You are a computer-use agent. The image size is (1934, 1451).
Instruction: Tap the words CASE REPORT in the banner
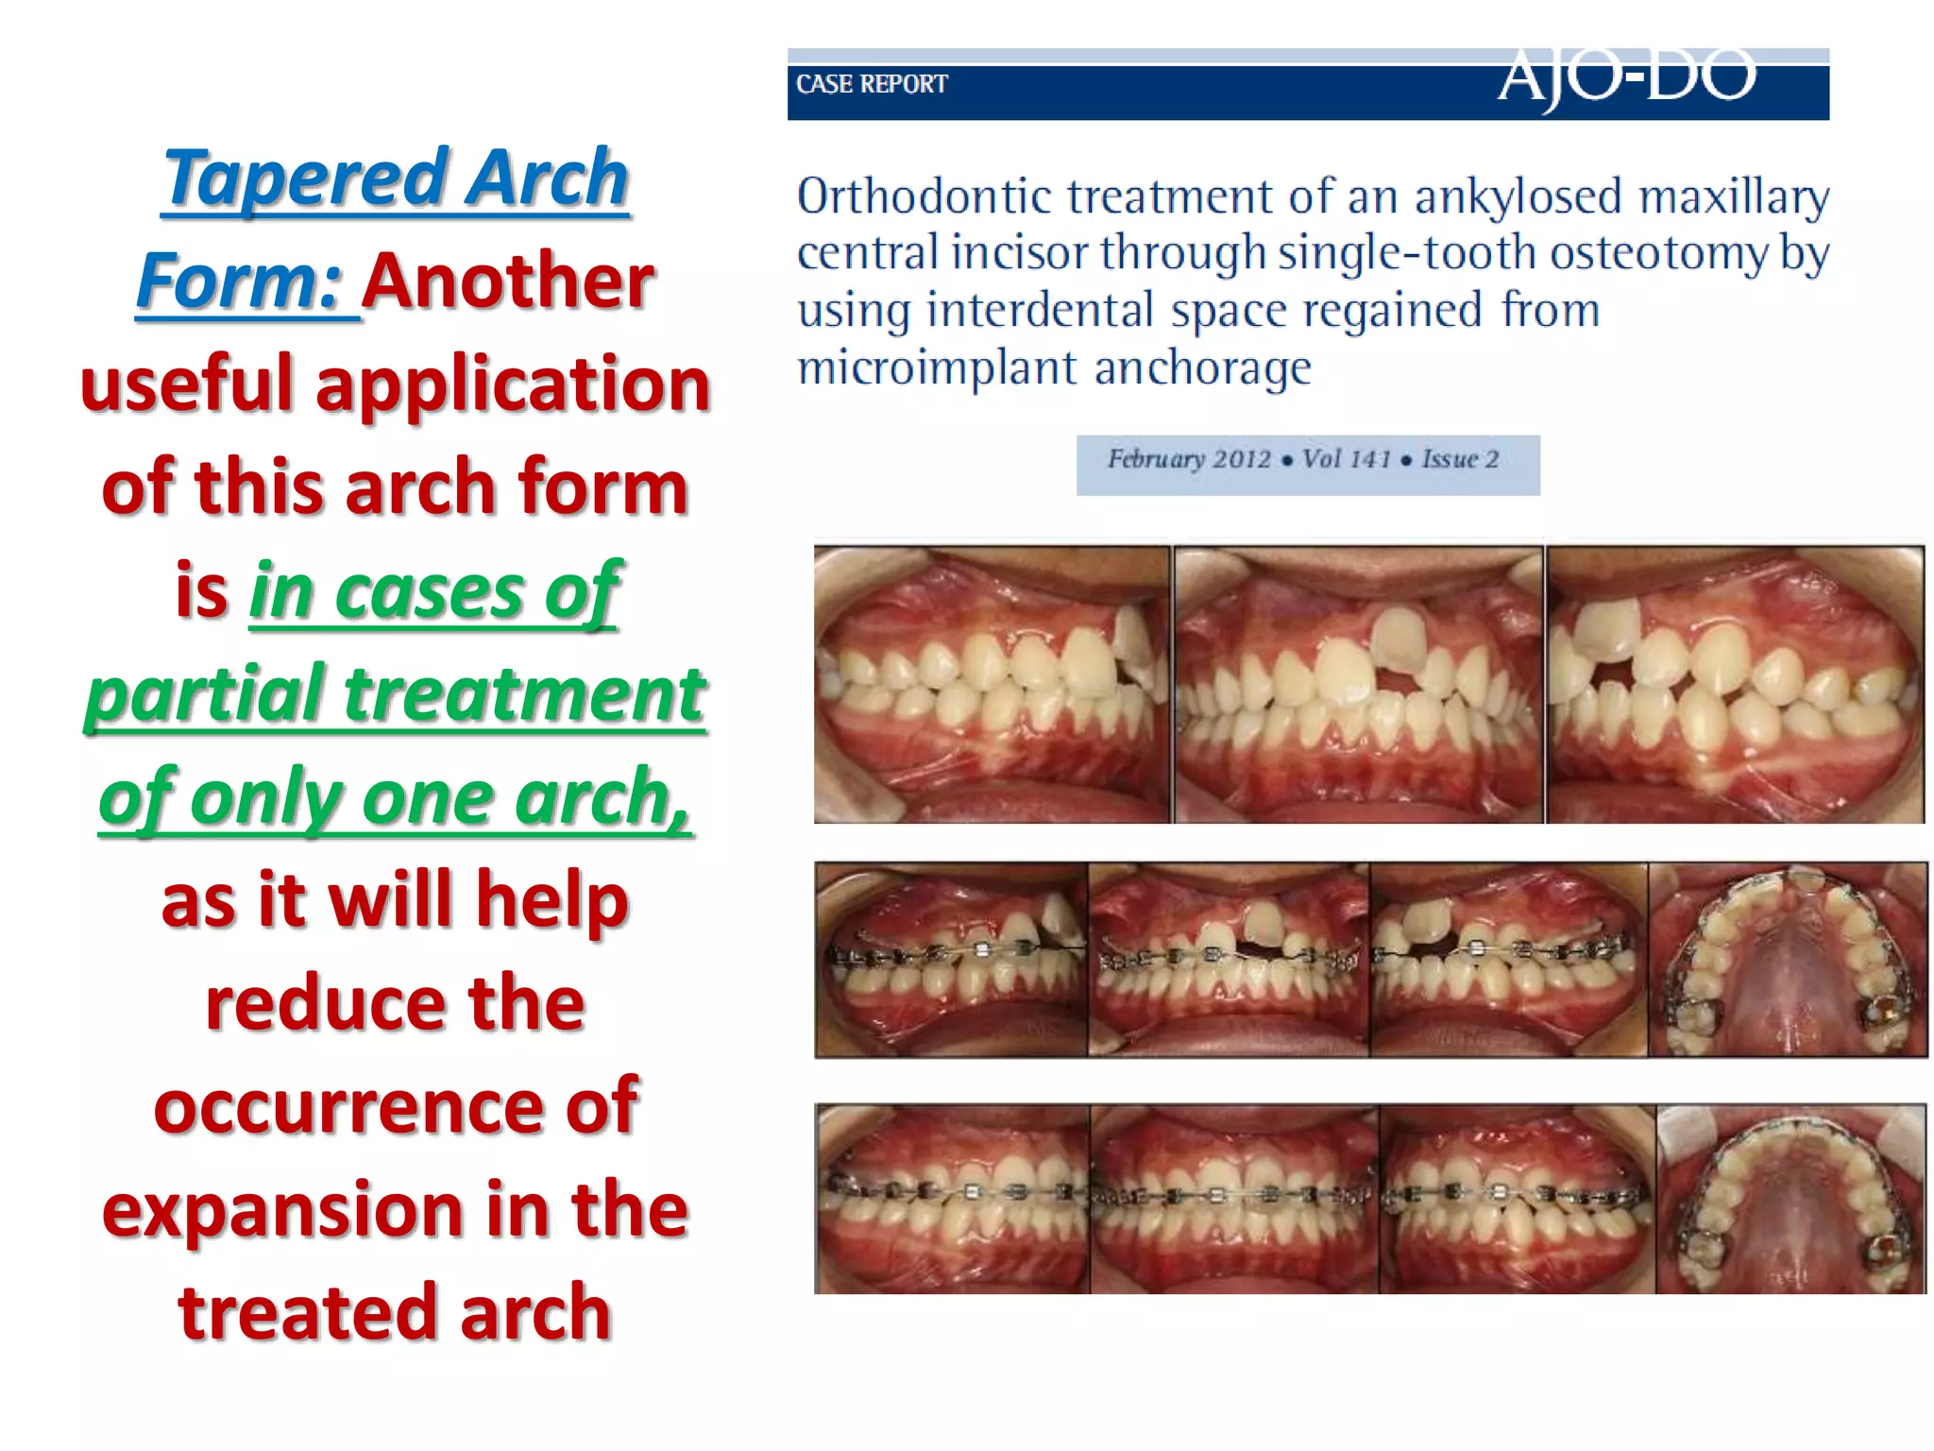coord(871,84)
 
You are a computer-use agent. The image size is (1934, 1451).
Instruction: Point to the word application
coord(512,385)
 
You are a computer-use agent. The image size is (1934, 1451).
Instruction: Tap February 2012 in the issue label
coord(1189,459)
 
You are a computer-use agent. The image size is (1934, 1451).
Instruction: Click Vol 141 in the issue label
coord(1346,459)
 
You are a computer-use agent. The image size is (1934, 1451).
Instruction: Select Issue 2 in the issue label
coord(1460,459)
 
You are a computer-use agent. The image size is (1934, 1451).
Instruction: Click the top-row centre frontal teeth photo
coord(1358,684)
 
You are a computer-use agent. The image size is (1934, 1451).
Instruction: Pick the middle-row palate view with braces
coord(1787,960)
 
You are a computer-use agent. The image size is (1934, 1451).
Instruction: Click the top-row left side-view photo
coord(992,684)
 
